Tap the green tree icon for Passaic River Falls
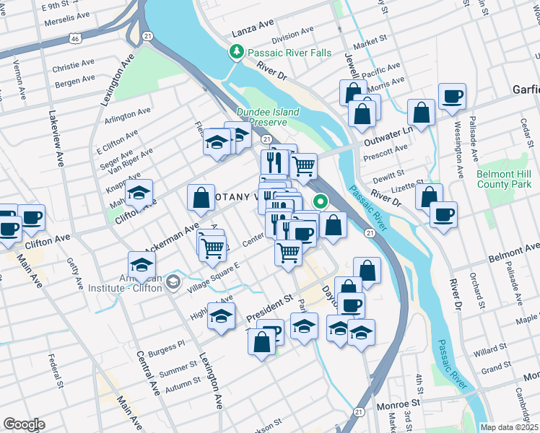(x=236, y=52)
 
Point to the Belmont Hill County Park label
(x=504, y=180)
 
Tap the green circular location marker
(x=319, y=203)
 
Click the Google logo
(x=24, y=424)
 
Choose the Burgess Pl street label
(x=167, y=349)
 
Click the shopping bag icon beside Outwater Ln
(x=421, y=113)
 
